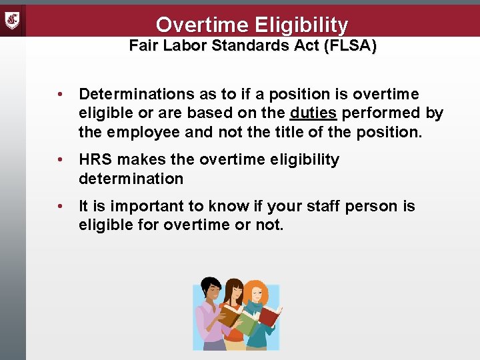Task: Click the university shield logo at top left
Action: coord(13,19)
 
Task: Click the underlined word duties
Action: coord(313,113)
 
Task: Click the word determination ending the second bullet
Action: coord(131,179)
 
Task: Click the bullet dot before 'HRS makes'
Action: coord(60,160)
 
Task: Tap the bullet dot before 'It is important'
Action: coord(60,207)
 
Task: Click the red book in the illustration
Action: coord(269,316)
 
